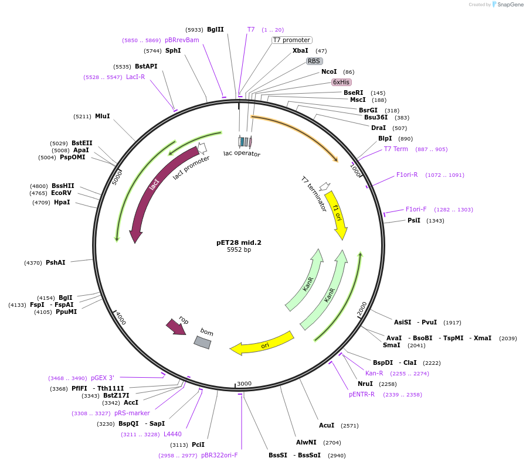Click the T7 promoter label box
[x=291, y=40]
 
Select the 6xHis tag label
[x=341, y=82]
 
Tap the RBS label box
[x=314, y=61]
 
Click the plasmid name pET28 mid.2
[x=239, y=242]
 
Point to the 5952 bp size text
[x=239, y=250]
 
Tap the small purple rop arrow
[x=176, y=327]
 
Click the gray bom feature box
[x=202, y=343]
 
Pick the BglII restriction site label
[x=215, y=29]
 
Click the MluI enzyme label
[x=102, y=116]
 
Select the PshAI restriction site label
[x=56, y=262]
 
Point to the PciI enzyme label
[x=198, y=445]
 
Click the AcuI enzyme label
[x=327, y=425]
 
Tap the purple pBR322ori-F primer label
[x=219, y=455]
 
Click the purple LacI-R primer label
[x=135, y=77]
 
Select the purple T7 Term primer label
[x=396, y=149]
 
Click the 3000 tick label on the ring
[x=244, y=384]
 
